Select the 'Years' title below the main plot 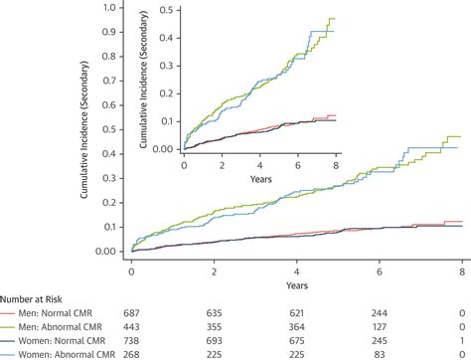click(x=297, y=282)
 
